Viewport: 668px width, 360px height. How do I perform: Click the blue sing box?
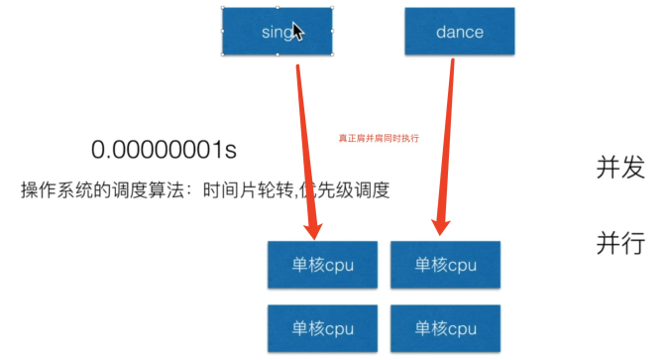263,32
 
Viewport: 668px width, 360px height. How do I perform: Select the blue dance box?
459,32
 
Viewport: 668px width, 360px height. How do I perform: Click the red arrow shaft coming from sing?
304,139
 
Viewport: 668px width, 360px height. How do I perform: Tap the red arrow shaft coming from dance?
445,139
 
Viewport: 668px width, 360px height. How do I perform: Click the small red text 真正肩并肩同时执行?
379,139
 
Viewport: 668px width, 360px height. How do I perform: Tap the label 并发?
621,168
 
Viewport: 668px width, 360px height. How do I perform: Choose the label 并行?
621,243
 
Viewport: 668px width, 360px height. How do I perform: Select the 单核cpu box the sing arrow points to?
323,265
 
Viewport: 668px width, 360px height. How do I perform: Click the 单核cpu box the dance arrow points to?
445,265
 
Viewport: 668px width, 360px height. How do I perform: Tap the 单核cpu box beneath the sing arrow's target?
323,328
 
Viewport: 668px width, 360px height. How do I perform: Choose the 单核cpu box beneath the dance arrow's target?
445,328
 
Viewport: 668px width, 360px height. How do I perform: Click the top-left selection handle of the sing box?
222,8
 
